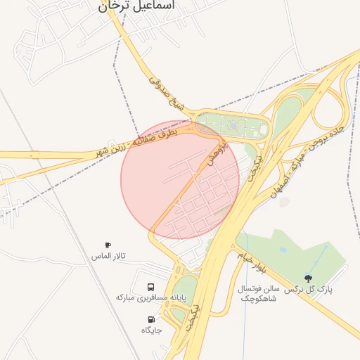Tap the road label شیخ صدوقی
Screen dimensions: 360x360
pos(166,94)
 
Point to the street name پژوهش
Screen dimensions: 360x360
pos(216,154)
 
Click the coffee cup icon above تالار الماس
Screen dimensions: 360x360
pos(108,245)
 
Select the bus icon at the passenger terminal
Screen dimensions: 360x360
pos(151,287)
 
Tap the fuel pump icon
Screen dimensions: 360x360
pos(151,319)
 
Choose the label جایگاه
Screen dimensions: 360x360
pos(151,330)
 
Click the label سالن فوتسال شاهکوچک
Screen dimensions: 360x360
pos(259,294)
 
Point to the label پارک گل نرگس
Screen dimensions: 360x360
pos(308,289)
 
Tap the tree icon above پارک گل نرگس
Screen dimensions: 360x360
pos(308,278)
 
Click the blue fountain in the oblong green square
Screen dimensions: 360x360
pos(233,126)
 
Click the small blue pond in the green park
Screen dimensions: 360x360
pos(283,249)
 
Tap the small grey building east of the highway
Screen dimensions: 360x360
pos(284,202)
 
